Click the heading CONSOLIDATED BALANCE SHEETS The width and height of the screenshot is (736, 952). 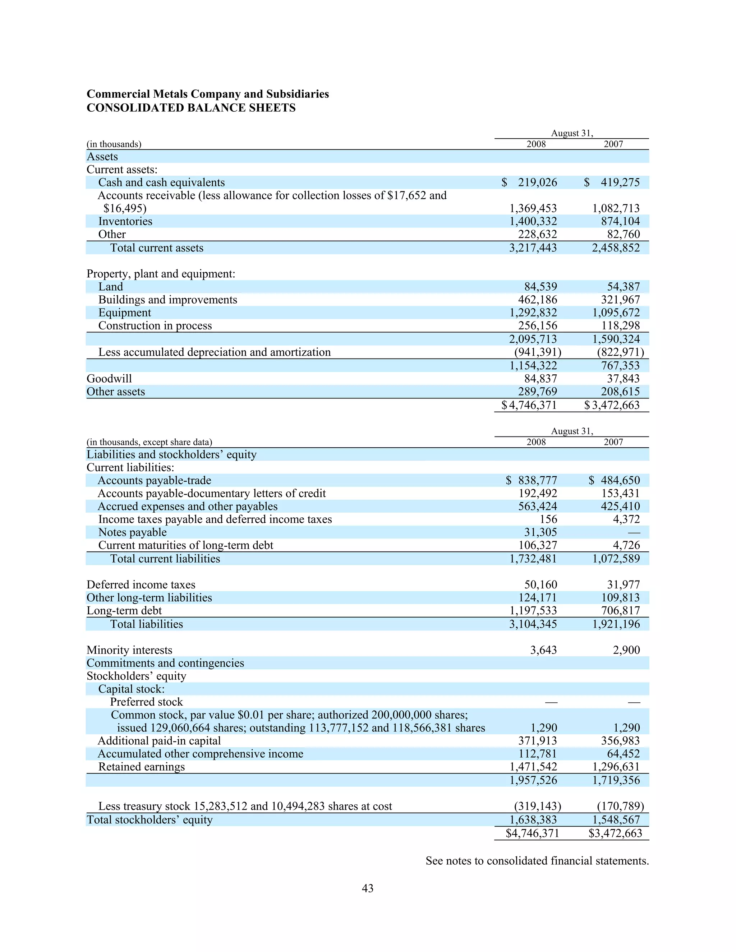coord(191,108)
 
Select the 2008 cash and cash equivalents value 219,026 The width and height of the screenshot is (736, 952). coord(537,182)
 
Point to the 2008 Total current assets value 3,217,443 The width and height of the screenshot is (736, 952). coord(533,248)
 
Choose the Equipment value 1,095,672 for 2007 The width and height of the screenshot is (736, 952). coord(616,313)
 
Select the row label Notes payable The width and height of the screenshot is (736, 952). coord(132,532)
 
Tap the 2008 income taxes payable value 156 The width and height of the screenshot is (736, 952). coord(548,519)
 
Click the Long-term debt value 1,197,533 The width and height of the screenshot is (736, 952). coord(533,610)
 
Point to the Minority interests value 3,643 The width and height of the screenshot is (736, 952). coord(543,650)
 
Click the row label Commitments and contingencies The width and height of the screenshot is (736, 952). coord(165,663)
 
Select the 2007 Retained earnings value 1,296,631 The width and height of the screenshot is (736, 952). coord(616,767)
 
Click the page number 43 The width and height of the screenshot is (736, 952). coord(368,888)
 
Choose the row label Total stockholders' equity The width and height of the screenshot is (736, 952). coord(149,820)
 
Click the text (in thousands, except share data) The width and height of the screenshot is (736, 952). coord(149,442)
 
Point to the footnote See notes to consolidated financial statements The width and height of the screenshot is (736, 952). coord(537,860)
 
